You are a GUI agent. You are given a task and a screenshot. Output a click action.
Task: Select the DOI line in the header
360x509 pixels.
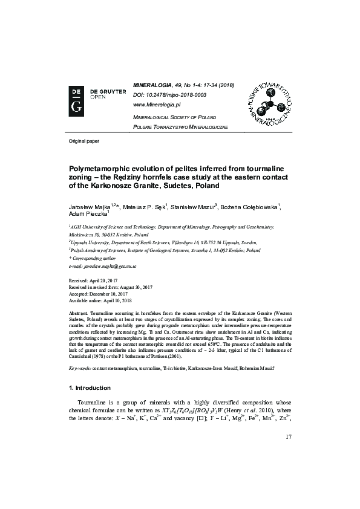click(169, 95)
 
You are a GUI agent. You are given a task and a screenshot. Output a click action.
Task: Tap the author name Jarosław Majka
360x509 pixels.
click(85, 207)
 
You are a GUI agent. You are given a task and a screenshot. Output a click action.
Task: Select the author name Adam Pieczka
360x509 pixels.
click(81, 214)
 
